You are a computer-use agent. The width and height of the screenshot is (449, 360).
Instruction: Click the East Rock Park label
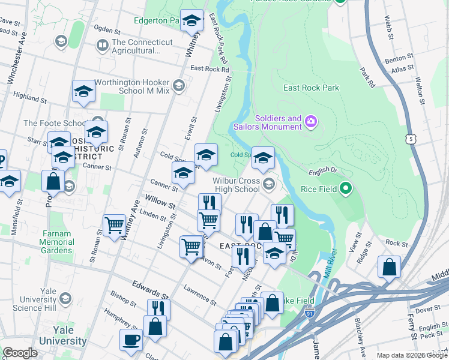311,88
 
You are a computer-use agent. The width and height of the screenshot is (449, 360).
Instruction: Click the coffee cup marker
131,340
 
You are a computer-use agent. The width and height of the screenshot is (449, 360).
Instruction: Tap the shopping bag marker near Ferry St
389,267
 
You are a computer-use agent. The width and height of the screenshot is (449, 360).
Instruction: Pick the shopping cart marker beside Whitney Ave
114,226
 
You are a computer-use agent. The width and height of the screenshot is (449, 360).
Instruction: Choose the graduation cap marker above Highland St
83,91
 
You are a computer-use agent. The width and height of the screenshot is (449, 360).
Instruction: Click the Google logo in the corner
19,353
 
